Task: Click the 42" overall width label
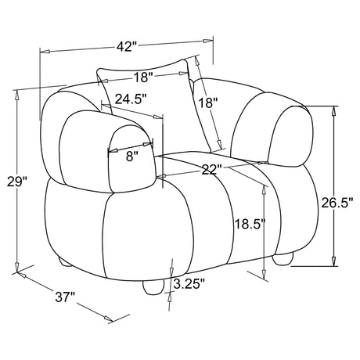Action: [x=127, y=46]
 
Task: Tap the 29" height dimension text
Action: [x=17, y=182]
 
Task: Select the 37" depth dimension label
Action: [x=65, y=297]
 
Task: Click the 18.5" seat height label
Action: [x=250, y=224]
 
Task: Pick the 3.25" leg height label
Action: [x=189, y=284]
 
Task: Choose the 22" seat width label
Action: [x=212, y=170]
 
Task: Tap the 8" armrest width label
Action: [x=130, y=157]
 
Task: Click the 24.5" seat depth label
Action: [x=131, y=99]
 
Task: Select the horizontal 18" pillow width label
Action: [x=143, y=77]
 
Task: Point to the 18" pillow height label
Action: [x=208, y=103]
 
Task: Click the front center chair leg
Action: [x=154, y=286]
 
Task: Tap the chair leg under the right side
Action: [x=283, y=259]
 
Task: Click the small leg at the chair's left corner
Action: [x=65, y=262]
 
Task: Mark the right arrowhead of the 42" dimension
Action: [x=207, y=41]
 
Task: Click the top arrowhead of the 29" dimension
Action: [x=17, y=94]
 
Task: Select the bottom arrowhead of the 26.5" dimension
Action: [x=333, y=261]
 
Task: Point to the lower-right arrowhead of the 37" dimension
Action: [x=109, y=319]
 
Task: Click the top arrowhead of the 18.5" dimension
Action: [x=264, y=191]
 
